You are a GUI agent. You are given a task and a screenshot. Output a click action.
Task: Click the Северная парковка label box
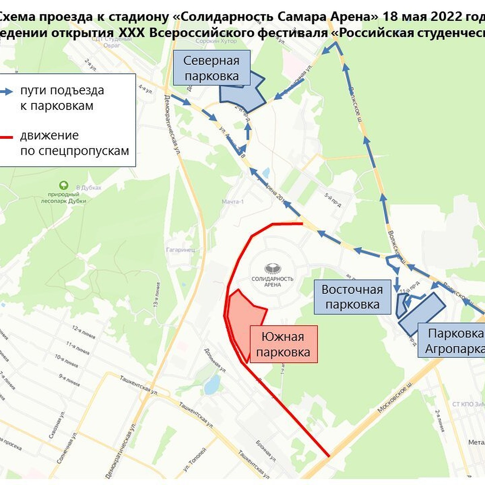click(x=211, y=68)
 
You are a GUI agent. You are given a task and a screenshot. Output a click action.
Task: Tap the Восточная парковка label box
click(x=352, y=297)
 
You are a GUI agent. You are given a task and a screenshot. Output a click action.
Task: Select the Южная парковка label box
click(x=283, y=344)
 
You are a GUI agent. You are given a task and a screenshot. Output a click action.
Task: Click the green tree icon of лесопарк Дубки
click(x=63, y=186)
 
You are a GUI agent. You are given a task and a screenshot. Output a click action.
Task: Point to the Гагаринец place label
click(x=181, y=250)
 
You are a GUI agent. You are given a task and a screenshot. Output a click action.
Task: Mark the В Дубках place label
click(x=89, y=188)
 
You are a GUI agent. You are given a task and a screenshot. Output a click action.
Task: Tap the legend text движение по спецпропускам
click(x=74, y=143)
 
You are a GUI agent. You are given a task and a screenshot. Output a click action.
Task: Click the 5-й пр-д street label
click(x=333, y=199)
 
